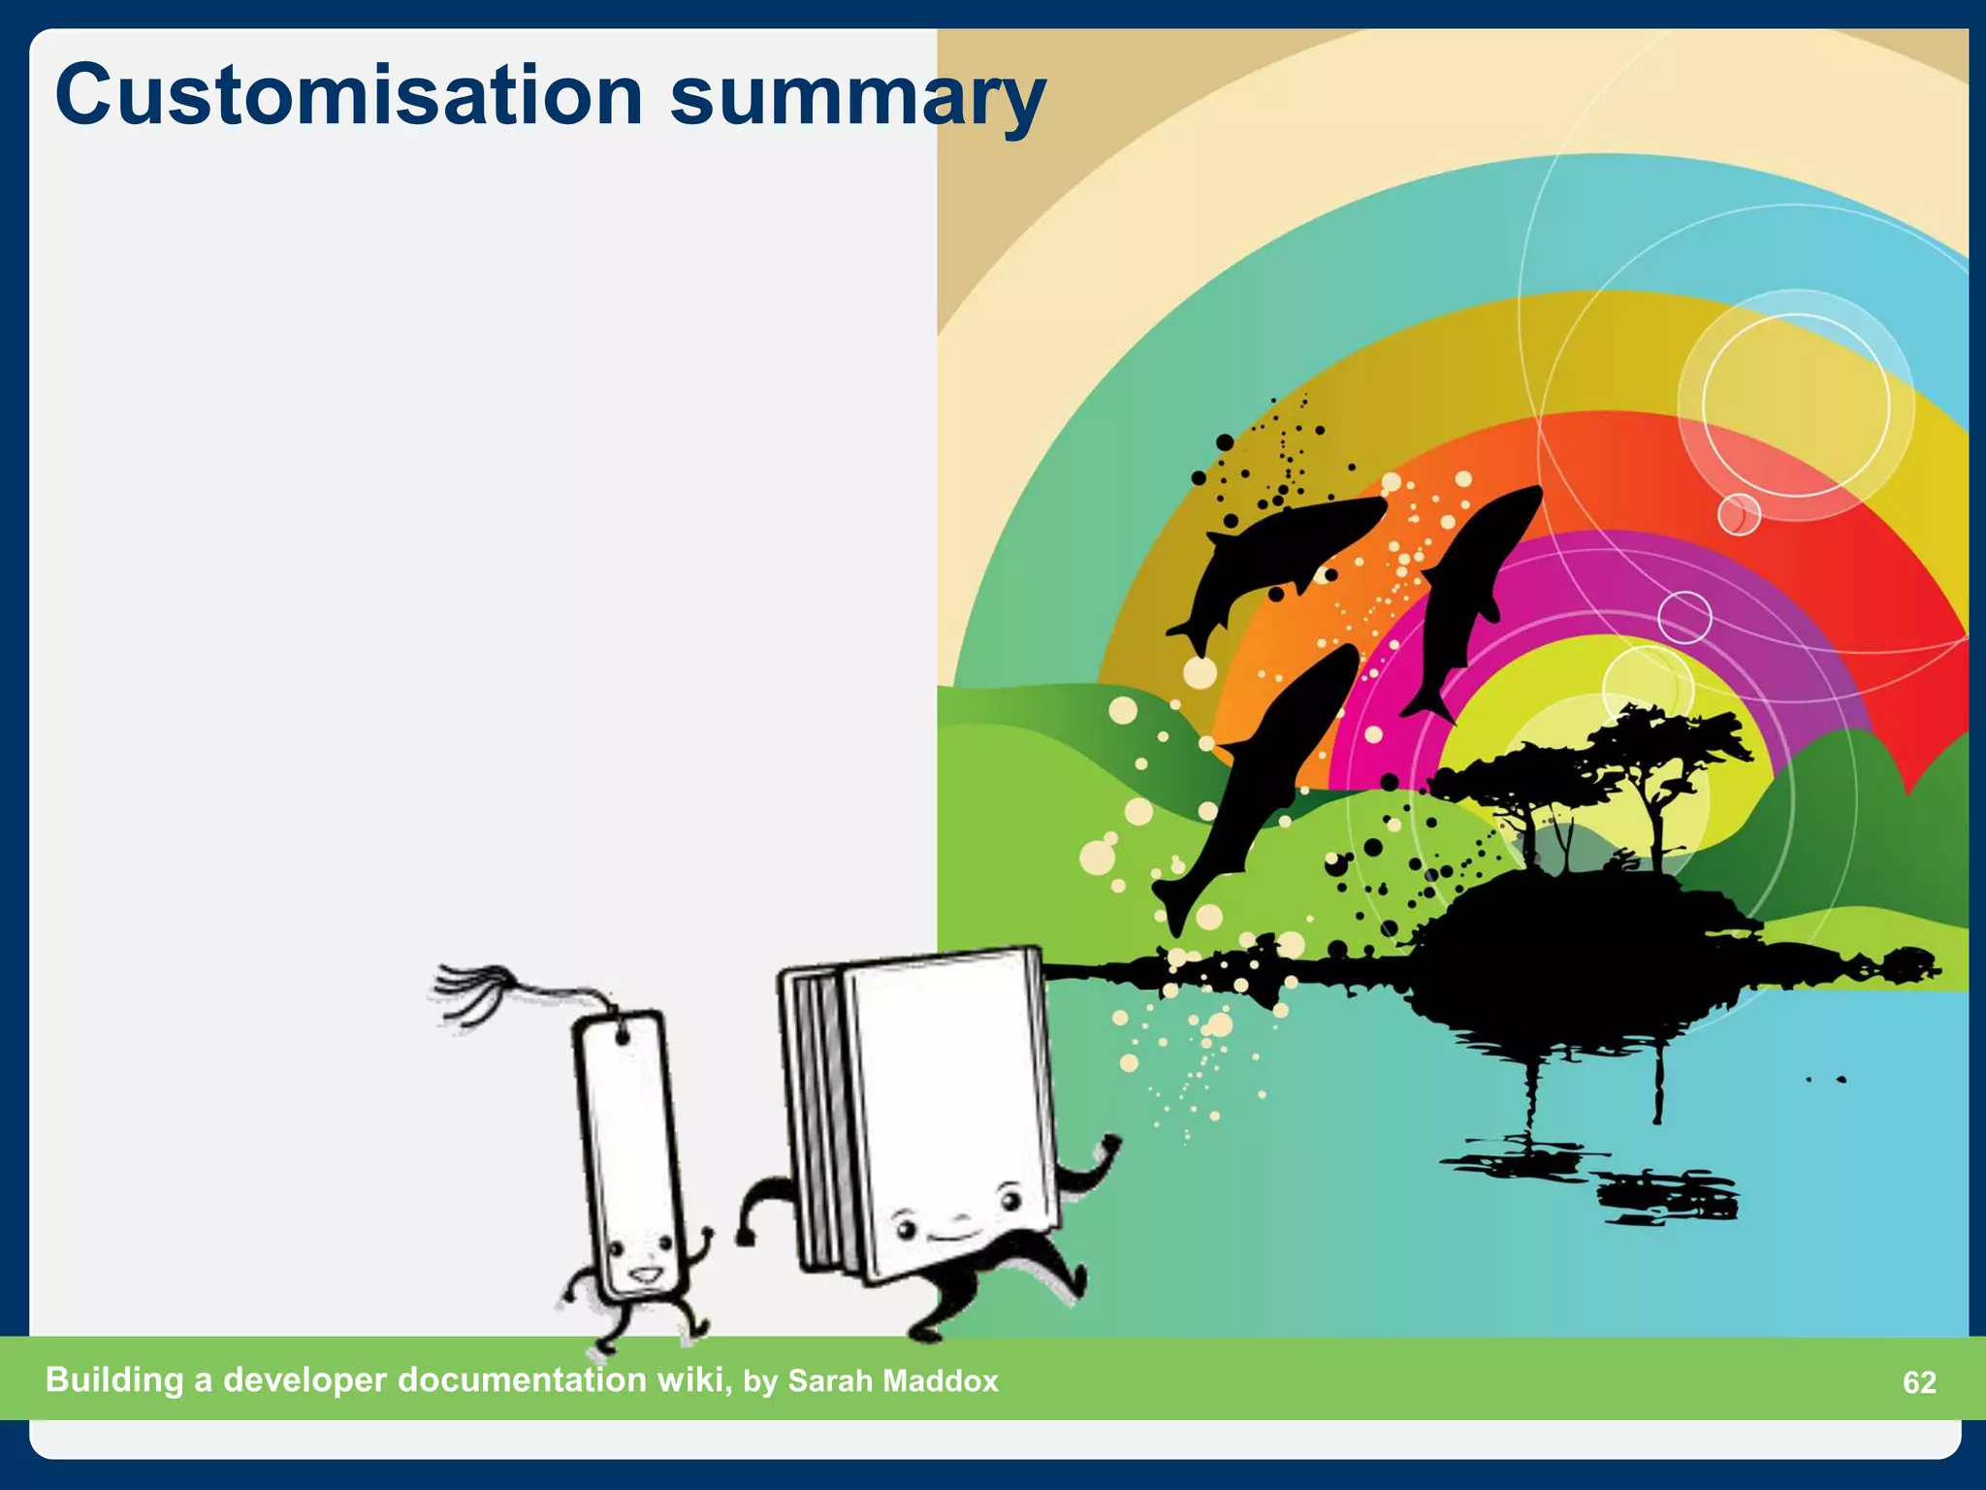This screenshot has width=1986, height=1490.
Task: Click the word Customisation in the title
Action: coord(349,95)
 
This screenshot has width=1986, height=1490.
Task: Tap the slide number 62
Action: coord(1919,1382)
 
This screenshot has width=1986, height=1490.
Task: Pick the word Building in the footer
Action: coord(114,1380)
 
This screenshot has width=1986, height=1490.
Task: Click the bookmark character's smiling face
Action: coord(639,1261)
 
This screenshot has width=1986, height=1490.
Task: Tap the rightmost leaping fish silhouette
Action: coord(1469,592)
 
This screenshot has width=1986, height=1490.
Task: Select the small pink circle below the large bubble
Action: coord(1739,514)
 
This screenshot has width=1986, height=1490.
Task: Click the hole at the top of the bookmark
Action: coord(622,1038)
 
